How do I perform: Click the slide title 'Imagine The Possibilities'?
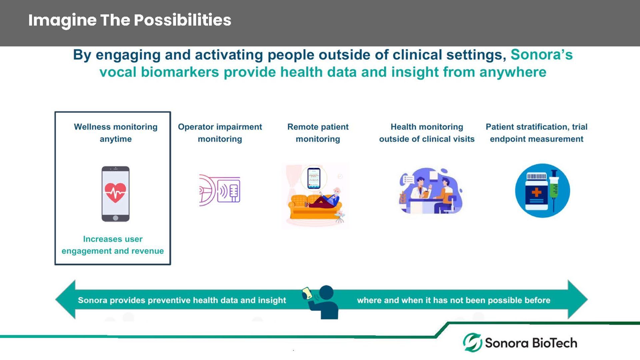tap(130, 20)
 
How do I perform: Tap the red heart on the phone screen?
tap(115, 193)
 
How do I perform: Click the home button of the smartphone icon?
tap(115, 218)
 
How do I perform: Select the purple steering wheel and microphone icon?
tap(220, 190)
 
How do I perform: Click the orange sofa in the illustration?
tap(313, 207)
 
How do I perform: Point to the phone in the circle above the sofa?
tap(314, 178)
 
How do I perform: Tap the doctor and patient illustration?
tap(430, 191)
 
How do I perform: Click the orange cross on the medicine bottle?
tap(536, 192)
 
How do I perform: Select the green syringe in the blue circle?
tap(554, 190)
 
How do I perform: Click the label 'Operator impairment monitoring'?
tap(220, 133)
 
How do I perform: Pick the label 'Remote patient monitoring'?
tap(318, 133)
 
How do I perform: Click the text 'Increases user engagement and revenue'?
tap(113, 245)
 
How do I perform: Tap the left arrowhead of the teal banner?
tap(65, 299)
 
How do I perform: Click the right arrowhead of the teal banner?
tap(578, 299)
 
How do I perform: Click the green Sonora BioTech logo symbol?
tap(472, 342)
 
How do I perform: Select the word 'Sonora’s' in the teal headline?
tap(542, 55)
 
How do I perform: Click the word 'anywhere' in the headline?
tap(513, 72)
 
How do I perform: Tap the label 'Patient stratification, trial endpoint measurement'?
tap(537, 133)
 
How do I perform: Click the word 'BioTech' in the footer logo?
tap(554, 343)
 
